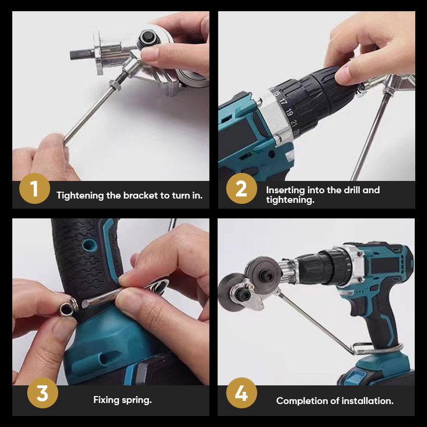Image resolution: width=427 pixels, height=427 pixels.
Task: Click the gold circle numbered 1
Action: (x=34, y=188)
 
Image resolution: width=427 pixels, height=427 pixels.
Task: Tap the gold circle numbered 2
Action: (x=241, y=188)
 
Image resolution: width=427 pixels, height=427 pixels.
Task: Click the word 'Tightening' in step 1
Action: (x=80, y=195)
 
